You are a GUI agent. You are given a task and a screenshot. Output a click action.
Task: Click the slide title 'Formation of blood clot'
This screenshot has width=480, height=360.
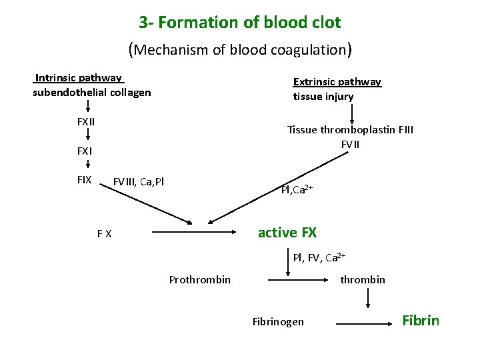click(x=240, y=22)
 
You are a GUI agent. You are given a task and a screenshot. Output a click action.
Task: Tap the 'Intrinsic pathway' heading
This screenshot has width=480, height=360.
click(x=79, y=78)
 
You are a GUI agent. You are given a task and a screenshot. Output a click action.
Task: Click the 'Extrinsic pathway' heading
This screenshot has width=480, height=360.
click(x=337, y=82)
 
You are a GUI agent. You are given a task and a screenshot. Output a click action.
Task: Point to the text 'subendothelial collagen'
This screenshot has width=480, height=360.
click(x=92, y=92)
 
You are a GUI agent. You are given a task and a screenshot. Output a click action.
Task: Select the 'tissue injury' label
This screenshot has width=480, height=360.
click(x=323, y=97)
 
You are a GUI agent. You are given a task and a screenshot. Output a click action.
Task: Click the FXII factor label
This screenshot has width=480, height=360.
click(x=86, y=122)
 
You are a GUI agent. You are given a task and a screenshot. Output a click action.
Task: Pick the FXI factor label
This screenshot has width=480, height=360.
click(x=85, y=151)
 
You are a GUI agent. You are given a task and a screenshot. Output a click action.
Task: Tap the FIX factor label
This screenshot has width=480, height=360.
click(x=85, y=179)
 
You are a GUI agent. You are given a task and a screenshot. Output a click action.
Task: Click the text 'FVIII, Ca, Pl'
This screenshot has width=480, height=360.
click(x=139, y=181)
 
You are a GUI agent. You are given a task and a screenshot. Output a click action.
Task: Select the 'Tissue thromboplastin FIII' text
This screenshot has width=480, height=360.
click(x=350, y=129)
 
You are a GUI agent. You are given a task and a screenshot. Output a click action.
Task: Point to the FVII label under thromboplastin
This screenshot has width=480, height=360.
click(x=350, y=144)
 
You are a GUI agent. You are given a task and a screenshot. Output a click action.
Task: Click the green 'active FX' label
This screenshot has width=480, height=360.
click(x=287, y=233)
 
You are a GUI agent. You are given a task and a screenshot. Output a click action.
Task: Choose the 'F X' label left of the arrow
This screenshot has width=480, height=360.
click(x=104, y=234)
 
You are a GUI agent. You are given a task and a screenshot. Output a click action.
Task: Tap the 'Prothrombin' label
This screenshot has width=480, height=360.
click(x=200, y=279)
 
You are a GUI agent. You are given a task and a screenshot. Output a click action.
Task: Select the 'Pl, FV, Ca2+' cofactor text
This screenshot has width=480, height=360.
click(x=319, y=257)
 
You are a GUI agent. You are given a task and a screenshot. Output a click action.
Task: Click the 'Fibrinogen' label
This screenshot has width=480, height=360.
click(x=278, y=322)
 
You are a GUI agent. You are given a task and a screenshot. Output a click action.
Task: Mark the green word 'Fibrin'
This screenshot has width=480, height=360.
click(x=421, y=321)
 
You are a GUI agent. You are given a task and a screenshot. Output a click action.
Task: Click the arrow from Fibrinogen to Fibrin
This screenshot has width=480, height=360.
click(x=363, y=323)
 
